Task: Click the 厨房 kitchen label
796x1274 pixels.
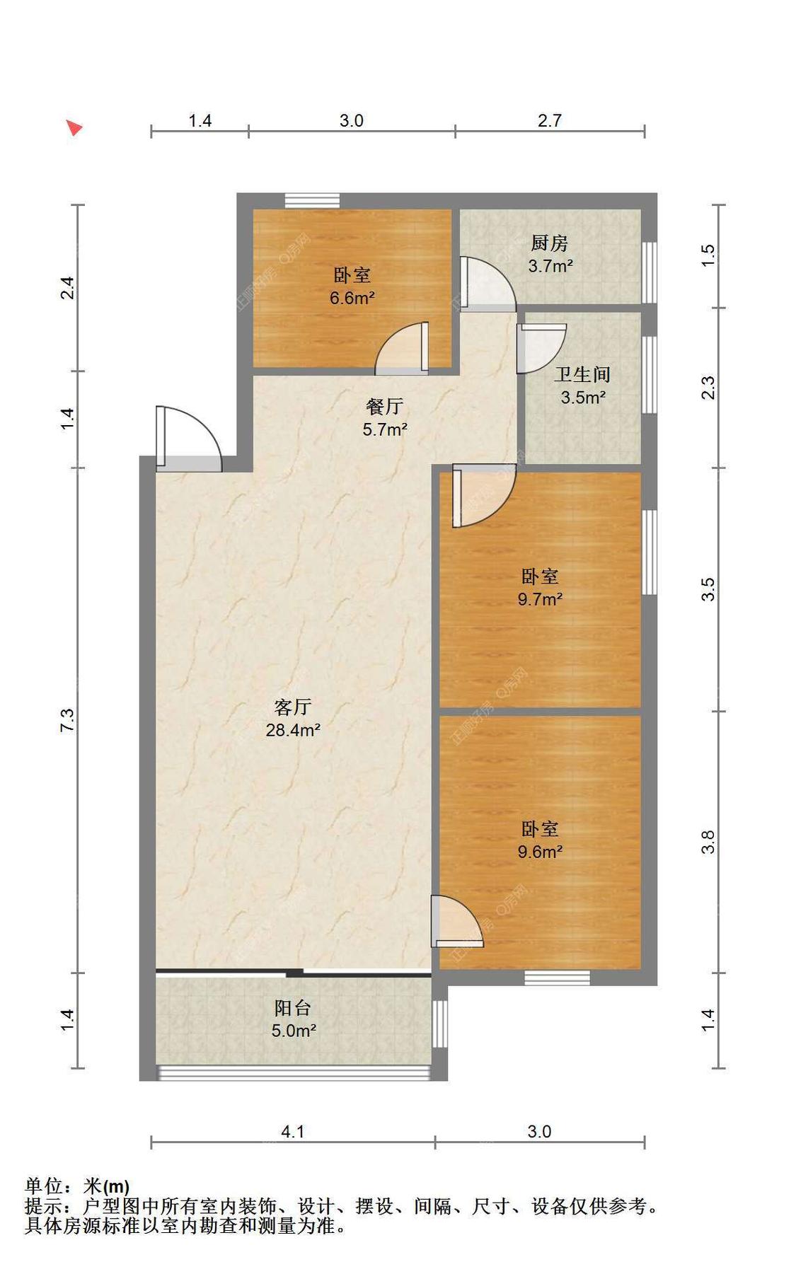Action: [x=549, y=243]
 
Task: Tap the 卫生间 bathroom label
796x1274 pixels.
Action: [x=582, y=374]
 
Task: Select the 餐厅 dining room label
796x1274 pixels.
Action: [x=384, y=406]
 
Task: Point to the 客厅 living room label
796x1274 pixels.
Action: [x=292, y=707]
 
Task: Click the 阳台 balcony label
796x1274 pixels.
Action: [x=292, y=1007]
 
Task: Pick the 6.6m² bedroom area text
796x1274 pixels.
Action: [x=352, y=298]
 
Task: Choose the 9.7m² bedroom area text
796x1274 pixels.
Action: [x=540, y=599]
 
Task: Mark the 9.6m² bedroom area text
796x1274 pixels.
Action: [x=540, y=852]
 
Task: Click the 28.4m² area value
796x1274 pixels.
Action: [x=293, y=729]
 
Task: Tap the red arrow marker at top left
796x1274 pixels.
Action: [x=74, y=127]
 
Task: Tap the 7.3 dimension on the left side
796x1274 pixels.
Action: [x=67, y=719]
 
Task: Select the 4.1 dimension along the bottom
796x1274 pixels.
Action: [x=292, y=1132]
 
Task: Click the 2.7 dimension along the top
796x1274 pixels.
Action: [x=549, y=120]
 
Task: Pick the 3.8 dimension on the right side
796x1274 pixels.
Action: [x=708, y=842]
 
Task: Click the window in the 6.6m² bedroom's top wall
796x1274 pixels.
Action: [x=312, y=200]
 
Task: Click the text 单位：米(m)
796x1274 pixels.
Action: [x=77, y=1186]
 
